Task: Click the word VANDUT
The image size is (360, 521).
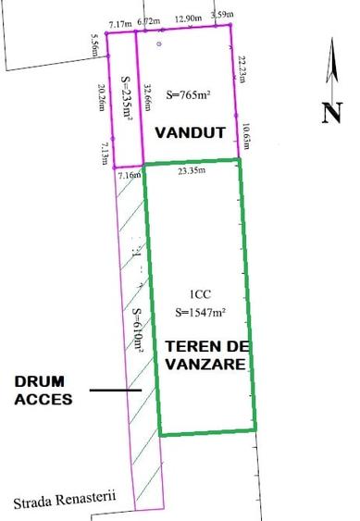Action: click(x=190, y=132)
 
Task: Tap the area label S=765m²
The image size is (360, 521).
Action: click(x=188, y=94)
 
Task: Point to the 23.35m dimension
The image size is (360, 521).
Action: click(x=192, y=170)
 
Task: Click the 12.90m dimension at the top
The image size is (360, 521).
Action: click(x=188, y=19)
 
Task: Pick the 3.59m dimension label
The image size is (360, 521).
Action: click(x=221, y=15)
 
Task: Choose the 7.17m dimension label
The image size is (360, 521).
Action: click(x=119, y=23)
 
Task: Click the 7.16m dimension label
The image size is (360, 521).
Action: click(x=129, y=175)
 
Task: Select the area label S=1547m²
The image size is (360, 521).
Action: click(x=201, y=312)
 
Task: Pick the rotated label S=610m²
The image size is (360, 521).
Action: click(x=139, y=330)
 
